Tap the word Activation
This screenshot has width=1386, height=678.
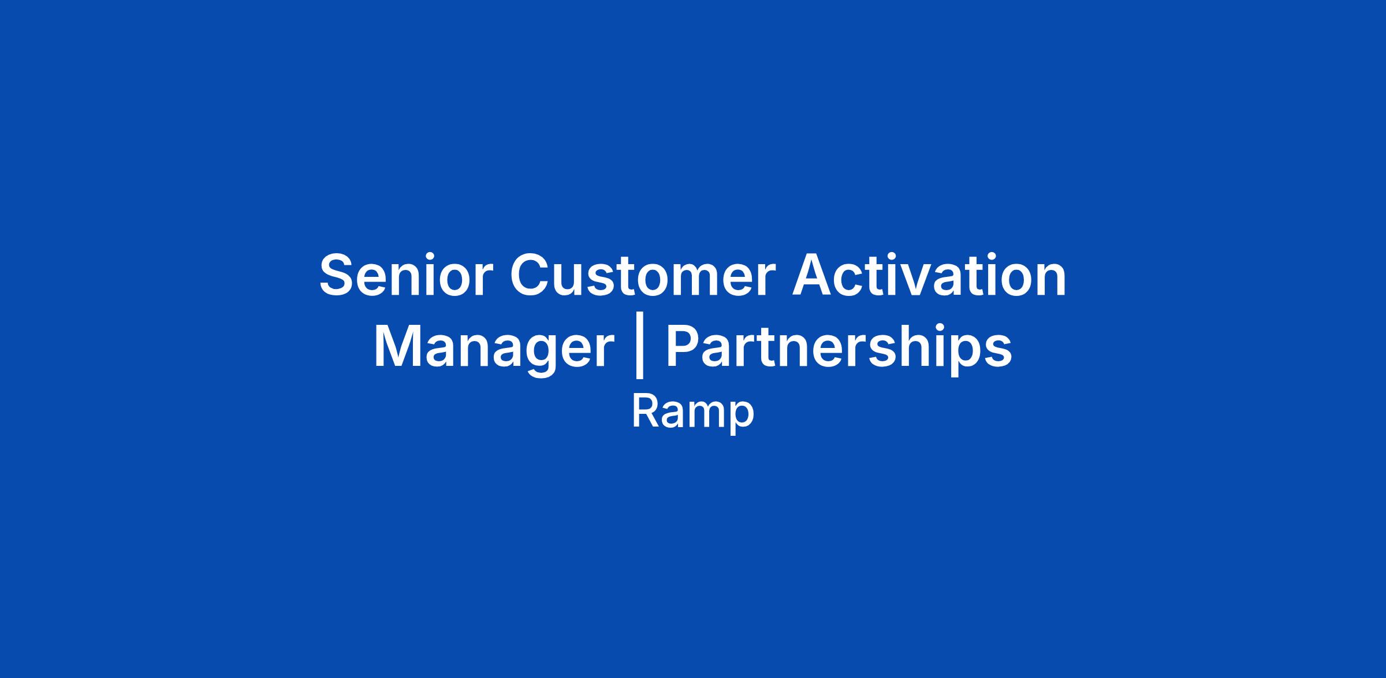(929, 275)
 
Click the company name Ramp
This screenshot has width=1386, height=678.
(693, 413)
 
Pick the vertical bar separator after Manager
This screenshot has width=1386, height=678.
(639, 350)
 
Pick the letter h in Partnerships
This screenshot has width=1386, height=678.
(929, 346)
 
